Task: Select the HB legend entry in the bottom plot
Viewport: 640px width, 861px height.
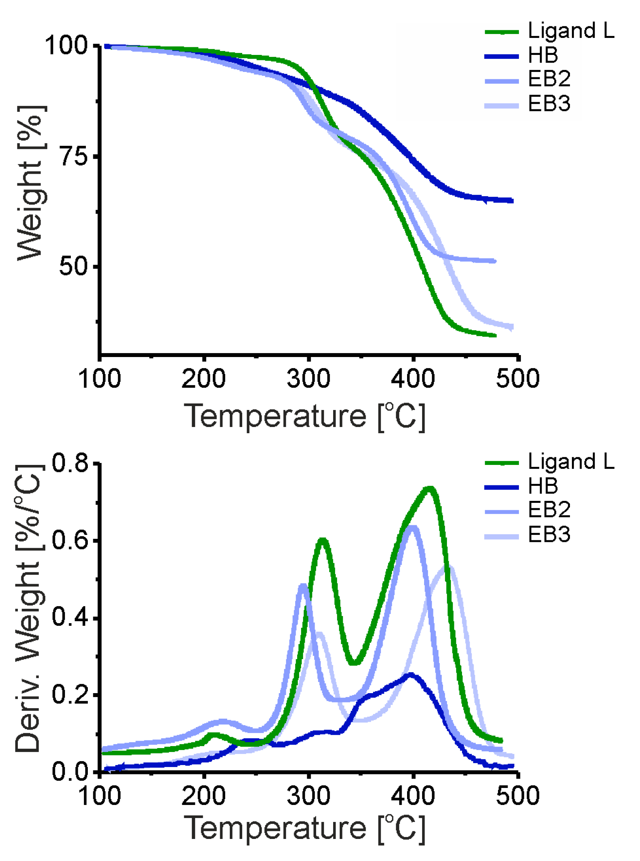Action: [x=542, y=486]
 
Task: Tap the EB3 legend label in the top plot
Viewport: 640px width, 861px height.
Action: [x=549, y=104]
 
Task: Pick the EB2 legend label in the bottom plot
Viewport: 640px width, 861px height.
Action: [x=549, y=510]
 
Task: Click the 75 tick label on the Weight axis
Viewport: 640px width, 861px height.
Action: [x=74, y=157]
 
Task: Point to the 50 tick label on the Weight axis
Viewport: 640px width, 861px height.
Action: [x=74, y=266]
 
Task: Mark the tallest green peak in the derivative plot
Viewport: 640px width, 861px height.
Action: [x=429, y=489]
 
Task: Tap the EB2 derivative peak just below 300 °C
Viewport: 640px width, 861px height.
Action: [x=303, y=586]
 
